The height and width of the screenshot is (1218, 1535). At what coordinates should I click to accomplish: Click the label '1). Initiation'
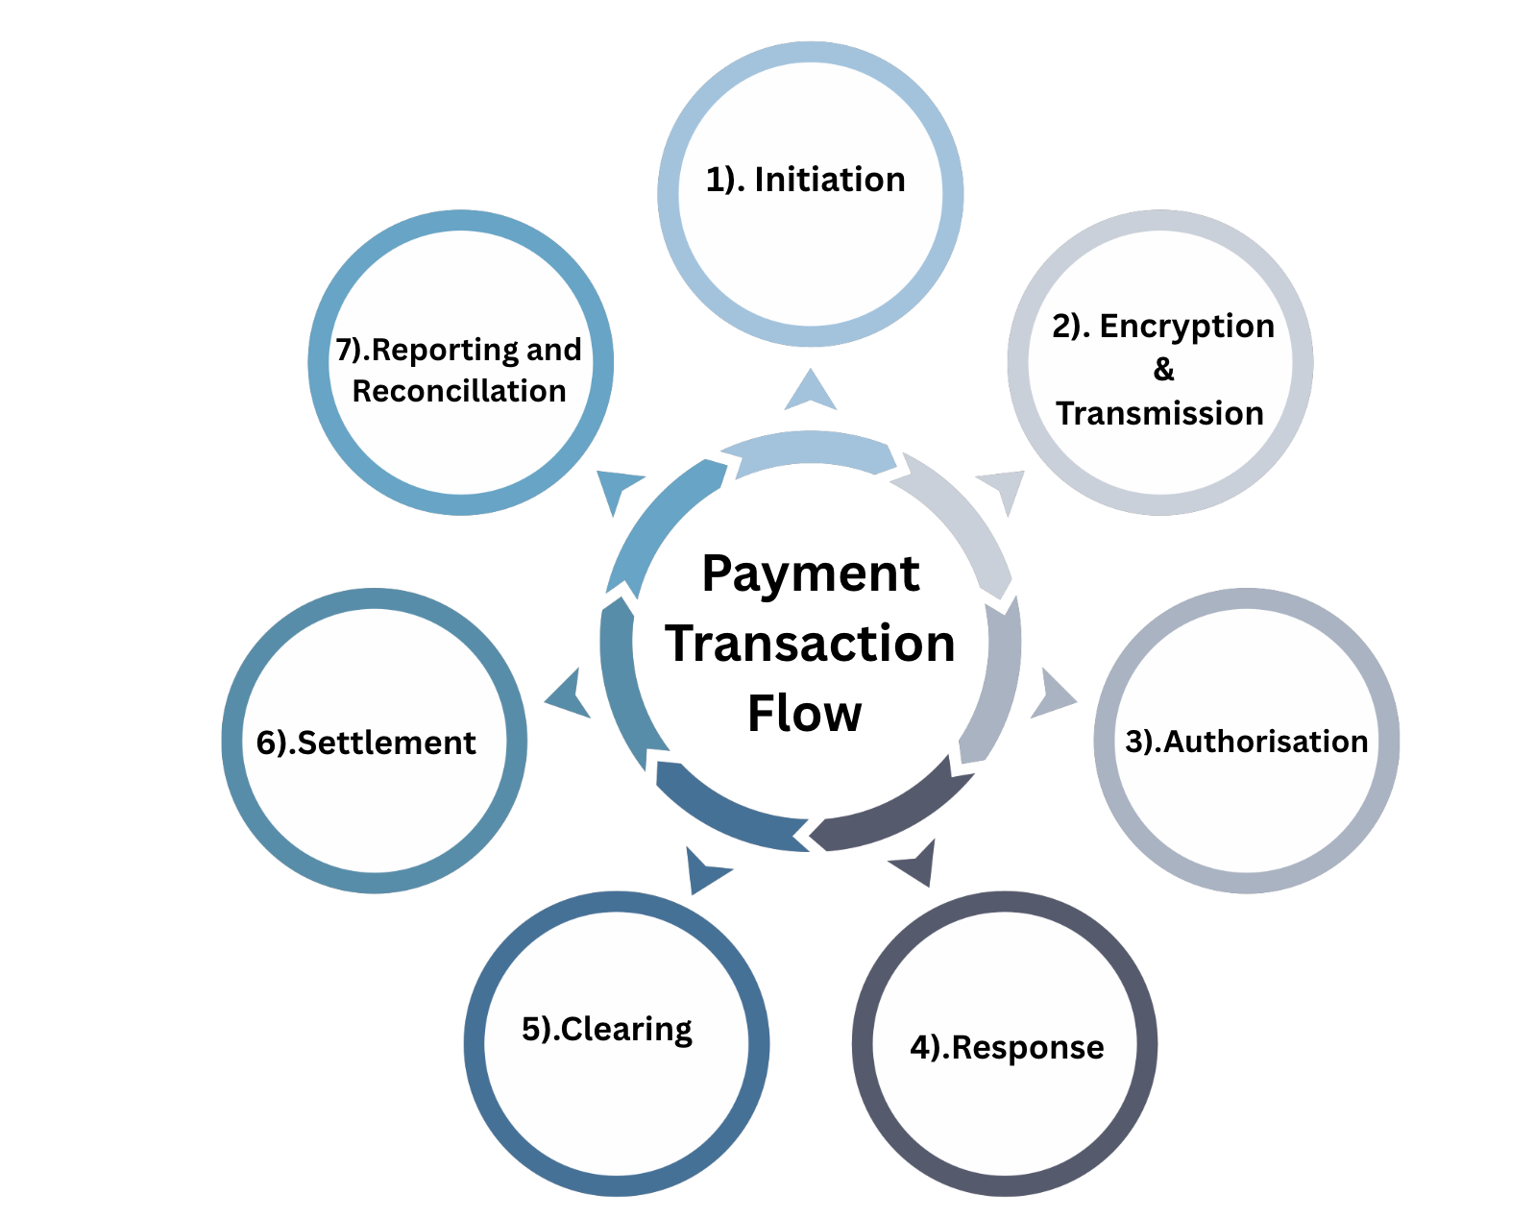click(805, 180)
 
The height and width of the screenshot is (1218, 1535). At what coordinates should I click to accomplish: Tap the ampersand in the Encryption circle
click(1163, 369)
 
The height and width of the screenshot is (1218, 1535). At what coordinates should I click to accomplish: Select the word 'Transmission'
click(1159, 413)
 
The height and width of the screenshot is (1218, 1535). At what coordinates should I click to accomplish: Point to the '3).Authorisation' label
click(1246, 742)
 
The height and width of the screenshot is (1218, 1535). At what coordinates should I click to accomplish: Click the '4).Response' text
click(1007, 1046)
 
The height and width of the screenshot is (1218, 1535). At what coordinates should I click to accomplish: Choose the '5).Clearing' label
click(606, 1029)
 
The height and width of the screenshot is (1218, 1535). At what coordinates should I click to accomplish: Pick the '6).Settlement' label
click(366, 743)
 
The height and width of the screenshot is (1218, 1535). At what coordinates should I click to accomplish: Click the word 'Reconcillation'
click(459, 391)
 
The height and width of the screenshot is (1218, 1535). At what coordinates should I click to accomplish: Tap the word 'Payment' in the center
click(810, 574)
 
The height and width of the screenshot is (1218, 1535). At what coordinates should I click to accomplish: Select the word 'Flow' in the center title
click(804, 713)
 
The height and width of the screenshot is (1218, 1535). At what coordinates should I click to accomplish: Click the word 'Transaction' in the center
click(810, 644)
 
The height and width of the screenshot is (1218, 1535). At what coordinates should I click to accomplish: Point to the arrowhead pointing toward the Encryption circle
click(1004, 488)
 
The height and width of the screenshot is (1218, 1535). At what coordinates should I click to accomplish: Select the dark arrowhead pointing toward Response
click(915, 862)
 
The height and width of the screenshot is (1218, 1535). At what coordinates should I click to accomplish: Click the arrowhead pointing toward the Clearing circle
click(704, 868)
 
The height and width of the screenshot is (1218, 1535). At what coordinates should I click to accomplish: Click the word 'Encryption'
click(1186, 326)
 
